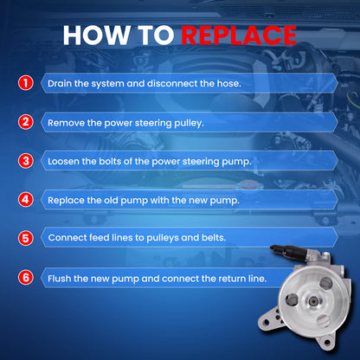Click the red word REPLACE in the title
(239, 35)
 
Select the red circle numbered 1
(26, 83)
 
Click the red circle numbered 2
(26, 122)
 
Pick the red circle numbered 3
(26, 161)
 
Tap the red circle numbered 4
(26, 200)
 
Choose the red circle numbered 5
(26, 239)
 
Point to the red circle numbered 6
(26, 278)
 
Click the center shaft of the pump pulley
(313, 302)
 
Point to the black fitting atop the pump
(288, 251)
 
